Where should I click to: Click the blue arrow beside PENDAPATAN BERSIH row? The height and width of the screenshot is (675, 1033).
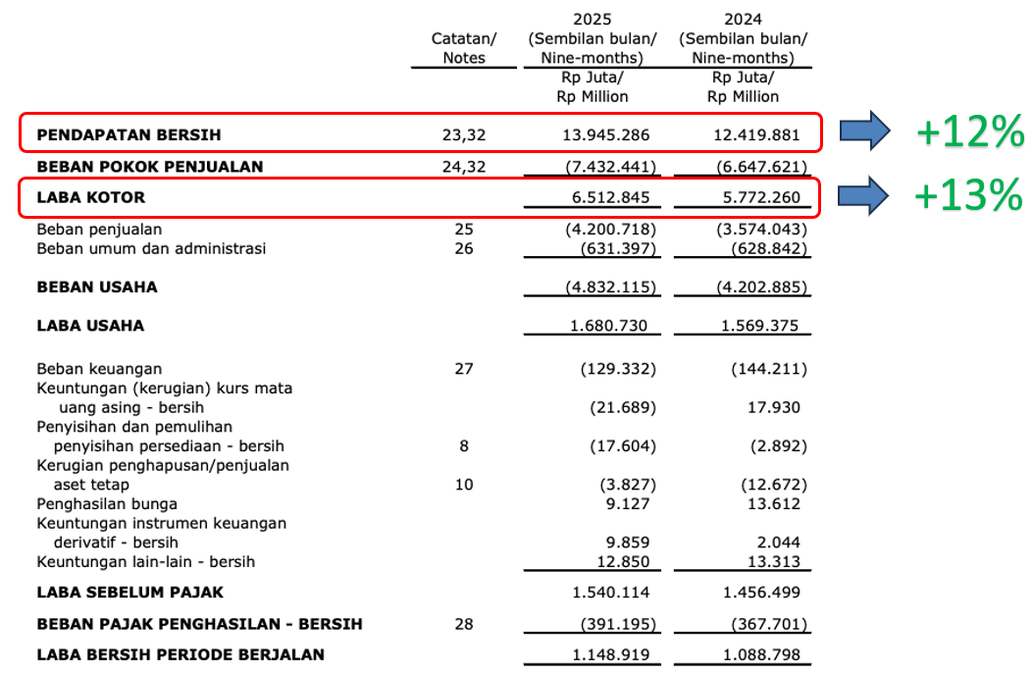pyautogui.click(x=864, y=132)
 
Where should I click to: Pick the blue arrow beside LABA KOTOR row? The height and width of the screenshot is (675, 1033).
pyautogui.click(x=864, y=196)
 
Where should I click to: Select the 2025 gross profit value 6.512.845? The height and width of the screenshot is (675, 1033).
pyautogui.click(x=609, y=197)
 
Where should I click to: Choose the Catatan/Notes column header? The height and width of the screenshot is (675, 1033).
pyautogui.click(x=464, y=48)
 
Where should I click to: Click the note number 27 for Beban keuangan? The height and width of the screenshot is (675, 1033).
pyautogui.click(x=464, y=369)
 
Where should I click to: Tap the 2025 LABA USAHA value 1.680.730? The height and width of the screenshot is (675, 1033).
pyautogui.click(x=609, y=326)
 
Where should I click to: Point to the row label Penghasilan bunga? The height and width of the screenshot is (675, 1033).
pyautogui.click(x=107, y=503)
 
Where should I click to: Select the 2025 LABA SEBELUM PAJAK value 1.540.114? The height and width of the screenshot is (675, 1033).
pyautogui.click(x=609, y=593)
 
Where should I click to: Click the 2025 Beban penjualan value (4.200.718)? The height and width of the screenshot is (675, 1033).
pyautogui.click(x=609, y=230)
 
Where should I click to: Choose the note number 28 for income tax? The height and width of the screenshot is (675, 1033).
pyautogui.click(x=464, y=624)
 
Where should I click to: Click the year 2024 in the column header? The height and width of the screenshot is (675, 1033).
pyautogui.click(x=743, y=19)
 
